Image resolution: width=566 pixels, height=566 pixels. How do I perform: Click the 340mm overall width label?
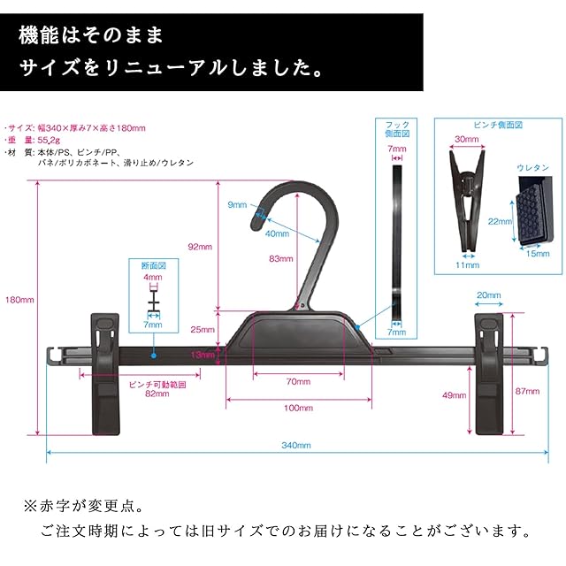tap(296, 445)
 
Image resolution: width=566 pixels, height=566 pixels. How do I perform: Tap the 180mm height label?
tap(19, 300)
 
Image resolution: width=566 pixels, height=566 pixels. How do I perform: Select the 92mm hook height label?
tap(200, 247)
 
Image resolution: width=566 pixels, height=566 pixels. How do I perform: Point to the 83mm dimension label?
tap(281, 258)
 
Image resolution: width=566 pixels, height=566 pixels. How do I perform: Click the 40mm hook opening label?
tap(277, 233)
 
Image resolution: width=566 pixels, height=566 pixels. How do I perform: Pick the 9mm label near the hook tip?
tap(237, 204)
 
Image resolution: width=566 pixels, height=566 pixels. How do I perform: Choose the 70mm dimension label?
tap(298, 381)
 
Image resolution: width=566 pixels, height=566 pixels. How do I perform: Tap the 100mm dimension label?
tap(298, 408)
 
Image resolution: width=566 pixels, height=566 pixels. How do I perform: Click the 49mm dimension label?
tap(454, 395)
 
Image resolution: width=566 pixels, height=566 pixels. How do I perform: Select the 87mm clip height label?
tap(527, 391)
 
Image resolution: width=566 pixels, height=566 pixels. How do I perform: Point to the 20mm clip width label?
tap(489, 294)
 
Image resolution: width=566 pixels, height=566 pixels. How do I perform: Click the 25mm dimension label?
tap(203, 329)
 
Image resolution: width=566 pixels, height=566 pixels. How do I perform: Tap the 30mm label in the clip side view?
tap(467, 139)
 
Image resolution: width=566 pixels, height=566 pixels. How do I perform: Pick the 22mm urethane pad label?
tap(500, 221)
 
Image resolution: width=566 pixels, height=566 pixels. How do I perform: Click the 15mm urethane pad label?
tap(538, 254)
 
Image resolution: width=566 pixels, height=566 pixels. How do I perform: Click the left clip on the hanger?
tap(105, 374)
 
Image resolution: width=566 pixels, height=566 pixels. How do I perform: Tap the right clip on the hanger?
tap(489, 374)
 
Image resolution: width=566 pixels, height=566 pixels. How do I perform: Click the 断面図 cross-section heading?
tap(154, 265)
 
